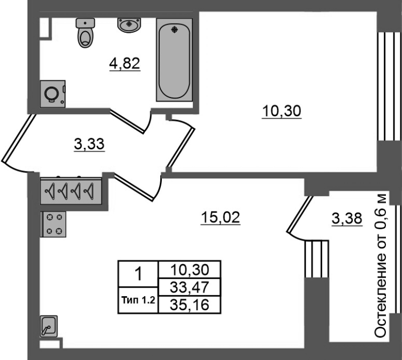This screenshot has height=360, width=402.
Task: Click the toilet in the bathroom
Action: pos(85,33)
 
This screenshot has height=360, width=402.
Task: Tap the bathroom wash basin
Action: pos(129,25)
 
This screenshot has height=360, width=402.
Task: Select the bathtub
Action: pos(174,60)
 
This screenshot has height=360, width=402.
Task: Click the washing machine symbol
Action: pos(53,94)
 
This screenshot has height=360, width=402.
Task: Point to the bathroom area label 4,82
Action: pos(125,64)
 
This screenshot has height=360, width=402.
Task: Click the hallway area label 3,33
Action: pos(89,144)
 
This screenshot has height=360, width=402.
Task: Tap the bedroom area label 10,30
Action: pos(281,111)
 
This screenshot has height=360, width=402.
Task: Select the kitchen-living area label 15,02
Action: pos(221,218)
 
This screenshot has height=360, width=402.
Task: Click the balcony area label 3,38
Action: pos(347,219)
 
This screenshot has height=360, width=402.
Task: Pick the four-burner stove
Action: pos(53,224)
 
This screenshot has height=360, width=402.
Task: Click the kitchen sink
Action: pos(49,326)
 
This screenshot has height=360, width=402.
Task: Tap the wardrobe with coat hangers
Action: pos(71,191)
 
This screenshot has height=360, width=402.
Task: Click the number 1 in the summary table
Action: pos(138,274)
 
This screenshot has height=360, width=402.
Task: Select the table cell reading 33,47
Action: pos(189,287)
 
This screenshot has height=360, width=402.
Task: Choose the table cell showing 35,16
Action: pos(189,305)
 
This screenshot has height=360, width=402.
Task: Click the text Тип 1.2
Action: pos(138,300)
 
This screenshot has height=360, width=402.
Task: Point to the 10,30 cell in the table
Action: pos(189,269)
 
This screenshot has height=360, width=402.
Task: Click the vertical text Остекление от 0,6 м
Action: pos(380,265)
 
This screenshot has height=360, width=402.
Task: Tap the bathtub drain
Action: pos(174,30)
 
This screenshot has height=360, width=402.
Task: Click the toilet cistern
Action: pos(85,23)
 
